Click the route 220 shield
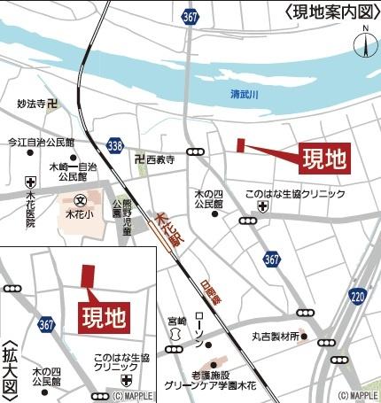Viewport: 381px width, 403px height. tap(358, 295)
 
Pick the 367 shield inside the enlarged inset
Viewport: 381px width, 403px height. tap(47, 326)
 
